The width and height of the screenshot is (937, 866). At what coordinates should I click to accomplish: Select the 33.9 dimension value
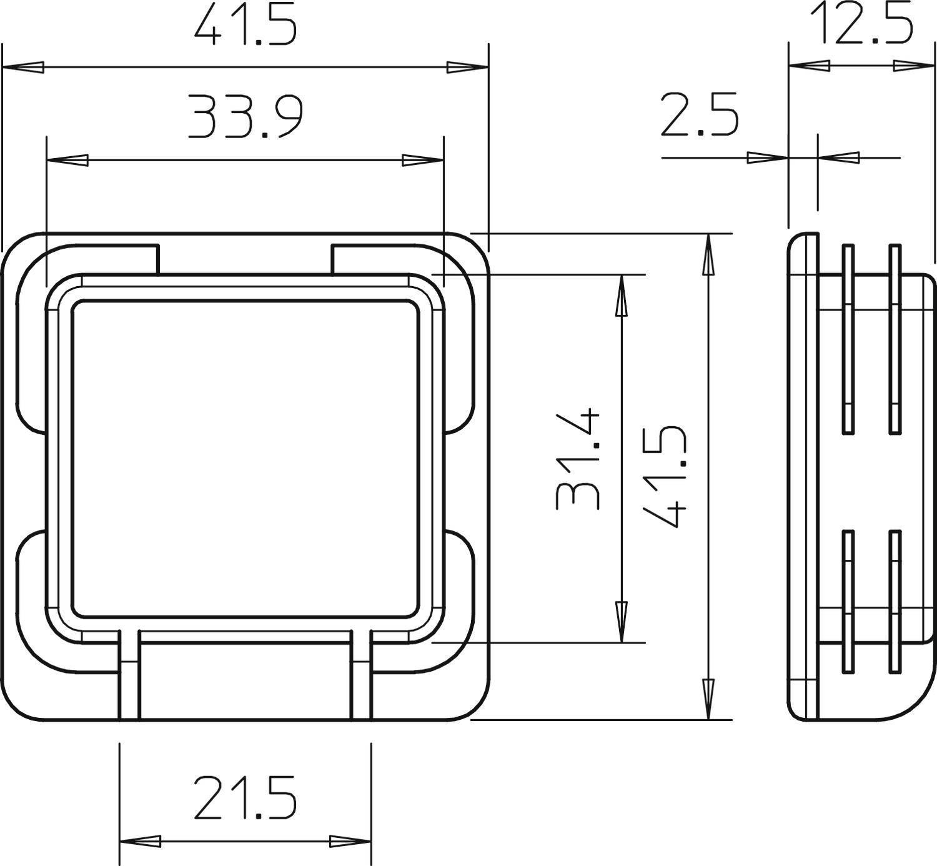[245, 117]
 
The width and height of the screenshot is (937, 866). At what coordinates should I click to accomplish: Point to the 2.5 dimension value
[699, 115]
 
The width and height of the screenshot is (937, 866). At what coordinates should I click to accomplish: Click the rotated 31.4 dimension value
[578, 462]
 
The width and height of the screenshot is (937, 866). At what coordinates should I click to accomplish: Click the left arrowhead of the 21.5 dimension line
[140, 842]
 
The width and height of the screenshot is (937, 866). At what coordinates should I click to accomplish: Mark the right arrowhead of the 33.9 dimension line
[423, 161]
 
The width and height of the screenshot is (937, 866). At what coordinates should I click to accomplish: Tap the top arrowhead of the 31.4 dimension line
[622, 296]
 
